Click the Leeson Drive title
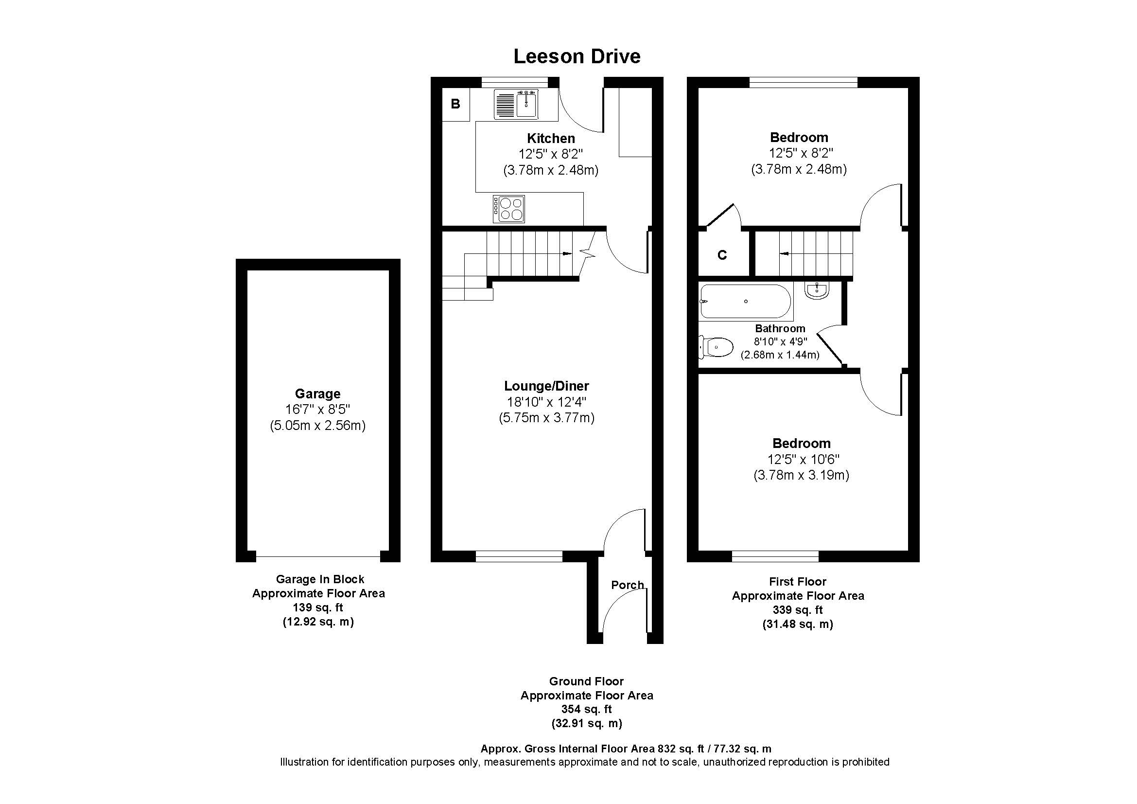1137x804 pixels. [x=577, y=56]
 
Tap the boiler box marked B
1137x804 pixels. [x=455, y=104]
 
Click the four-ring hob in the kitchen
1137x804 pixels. [x=509, y=209]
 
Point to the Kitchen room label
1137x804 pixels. [x=551, y=138]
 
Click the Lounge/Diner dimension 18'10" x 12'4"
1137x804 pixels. [x=546, y=402]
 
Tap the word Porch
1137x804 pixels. [x=627, y=585]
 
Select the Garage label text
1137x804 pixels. [x=317, y=394]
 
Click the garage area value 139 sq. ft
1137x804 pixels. [x=318, y=607]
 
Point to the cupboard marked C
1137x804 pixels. [x=722, y=255]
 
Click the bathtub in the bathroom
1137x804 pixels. [x=745, y=301]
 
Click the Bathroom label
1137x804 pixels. [x=780, y=328]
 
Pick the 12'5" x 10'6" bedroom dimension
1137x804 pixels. [x=801, y=459]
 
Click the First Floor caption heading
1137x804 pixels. [x=797, y=582]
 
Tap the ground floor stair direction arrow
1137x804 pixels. [x=566, y=253]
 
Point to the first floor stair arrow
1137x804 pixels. [x=785, y=253]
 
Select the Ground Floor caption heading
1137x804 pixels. [x=586, y=681]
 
